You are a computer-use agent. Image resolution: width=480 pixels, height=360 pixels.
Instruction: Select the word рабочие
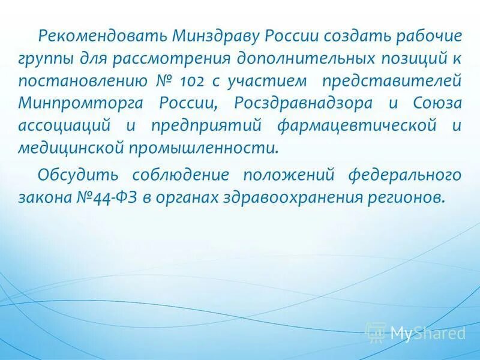(x=428, y=35)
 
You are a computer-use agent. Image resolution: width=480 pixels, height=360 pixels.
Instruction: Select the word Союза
(x=437, y=103)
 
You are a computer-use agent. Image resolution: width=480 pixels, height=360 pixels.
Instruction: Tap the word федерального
(x=405, y=175)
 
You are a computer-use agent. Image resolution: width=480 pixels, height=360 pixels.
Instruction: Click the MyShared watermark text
(x=427, y=332)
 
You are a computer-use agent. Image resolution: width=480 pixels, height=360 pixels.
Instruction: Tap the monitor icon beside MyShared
(x=376, y=332)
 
